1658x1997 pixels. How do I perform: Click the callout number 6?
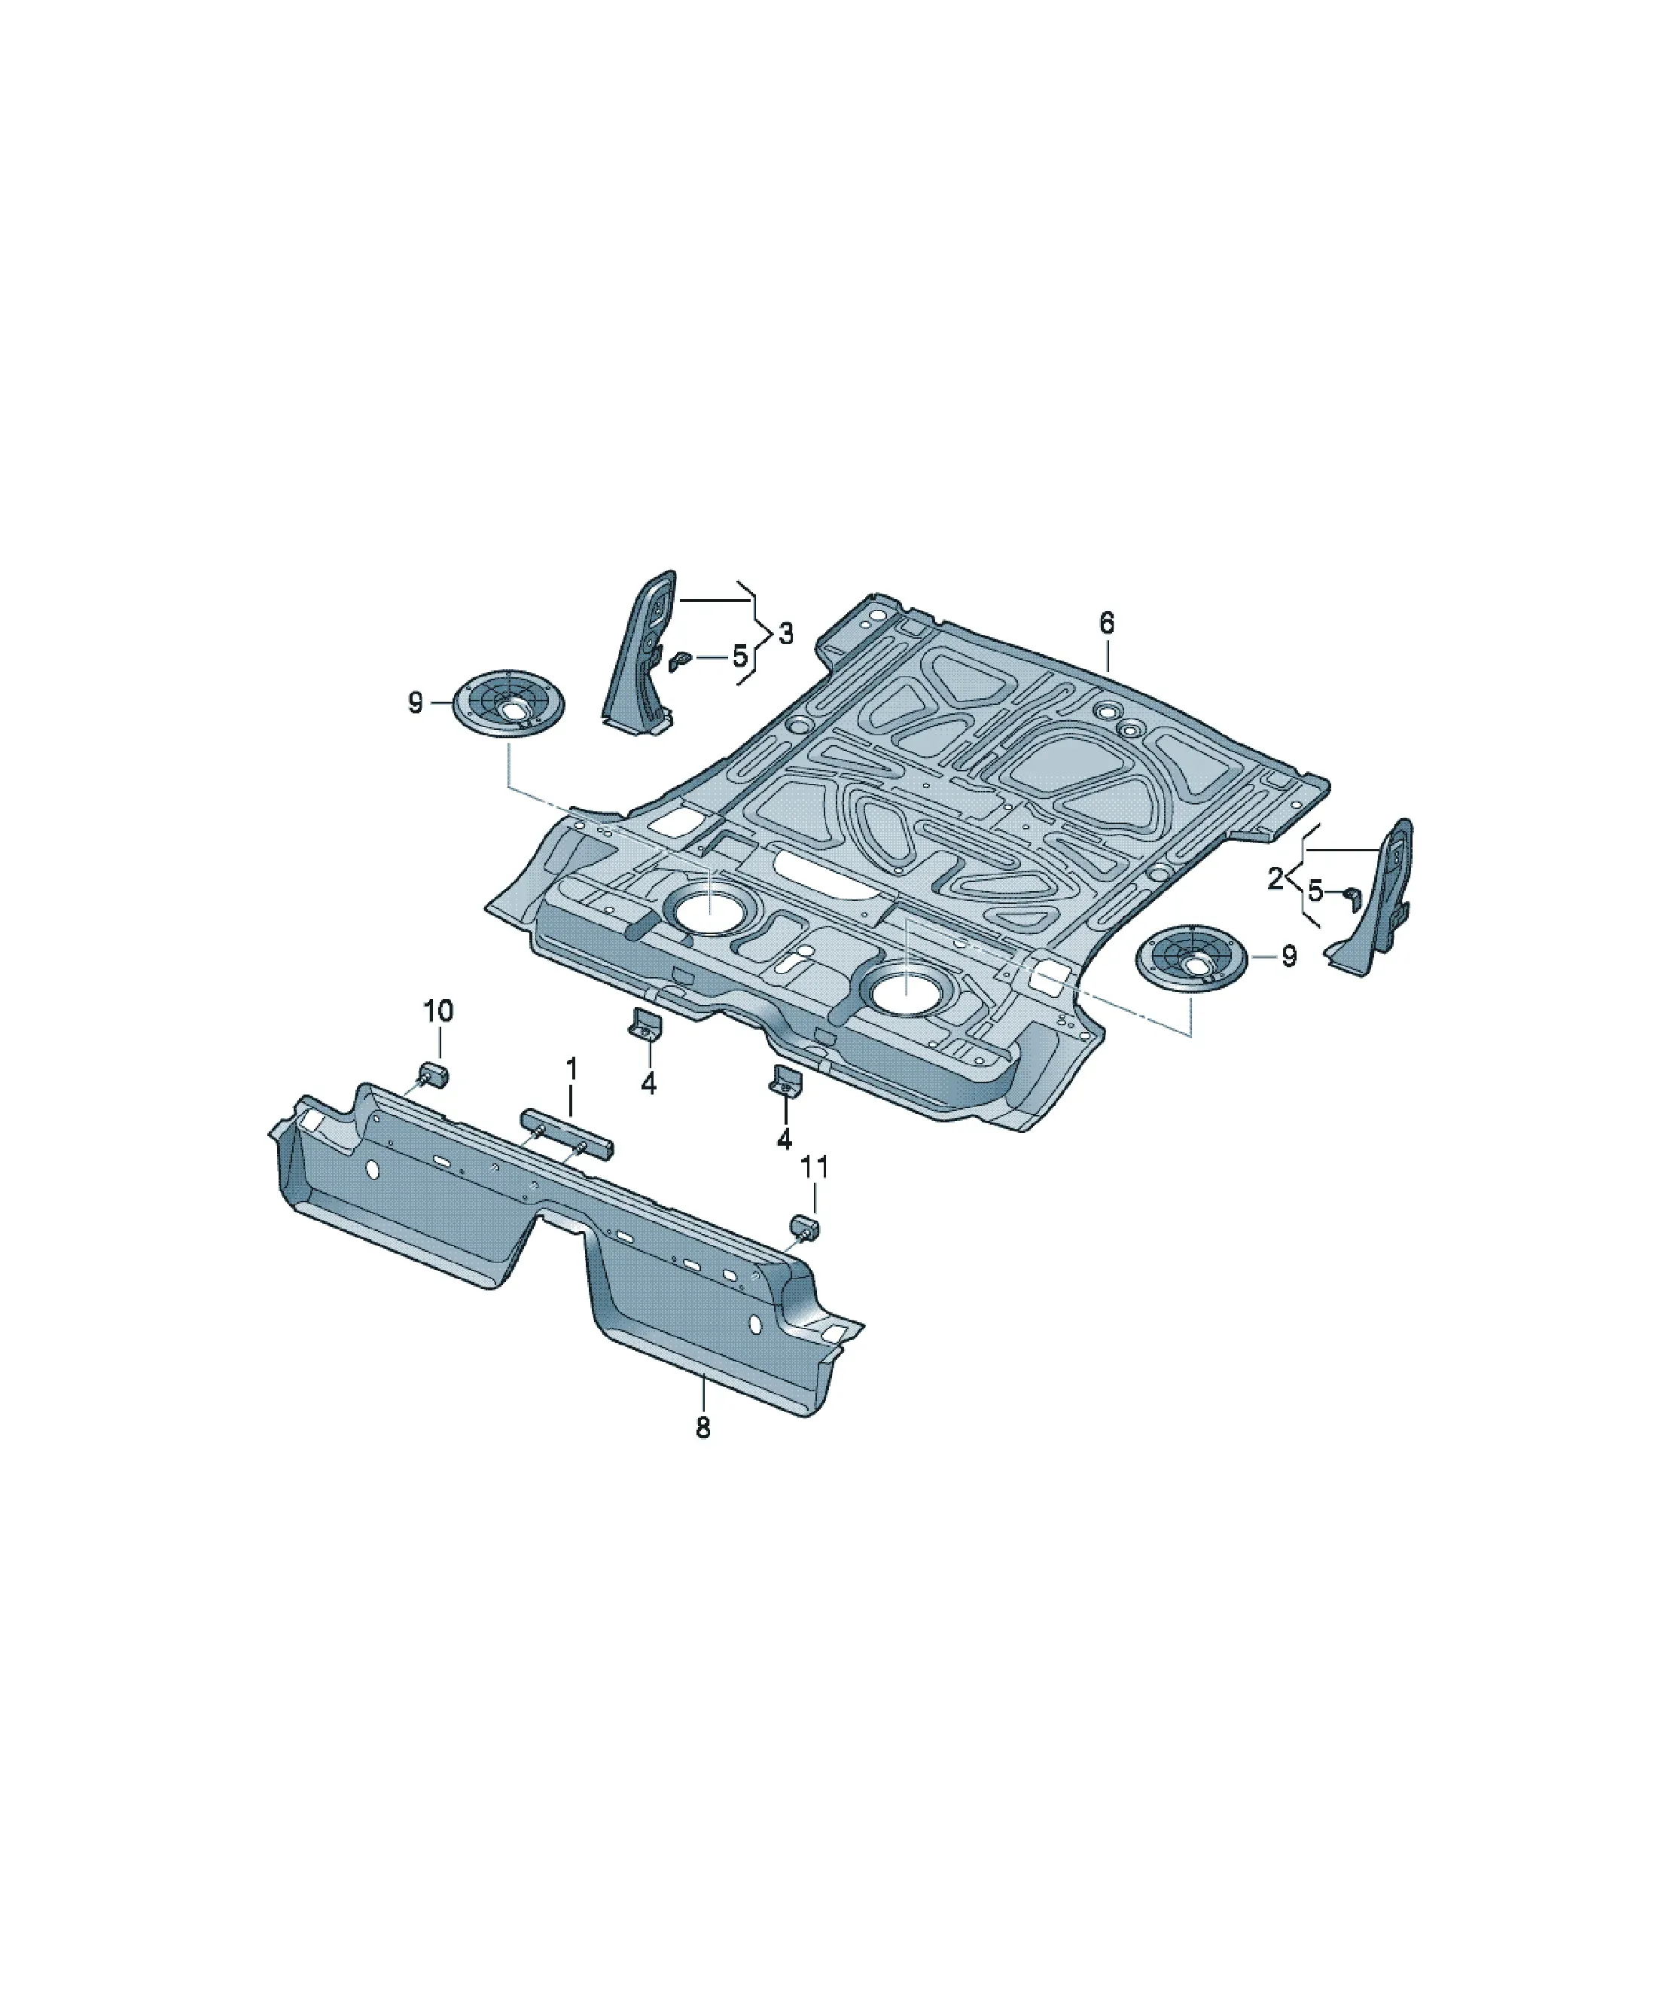1107,624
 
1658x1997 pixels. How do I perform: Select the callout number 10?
438,1011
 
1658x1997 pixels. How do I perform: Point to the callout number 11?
815,1167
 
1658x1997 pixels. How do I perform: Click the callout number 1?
571,1068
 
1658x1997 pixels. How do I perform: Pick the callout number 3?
785,634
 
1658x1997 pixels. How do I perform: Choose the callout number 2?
1275,878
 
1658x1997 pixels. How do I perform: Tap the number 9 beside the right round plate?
1288,957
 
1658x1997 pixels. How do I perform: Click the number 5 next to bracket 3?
739,656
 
